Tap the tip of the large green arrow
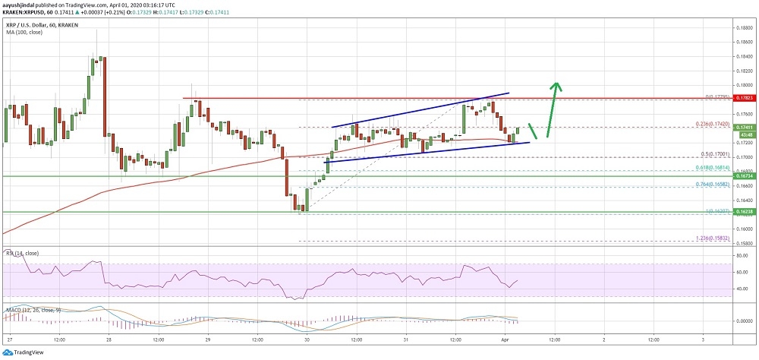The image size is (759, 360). click(557, 82)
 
